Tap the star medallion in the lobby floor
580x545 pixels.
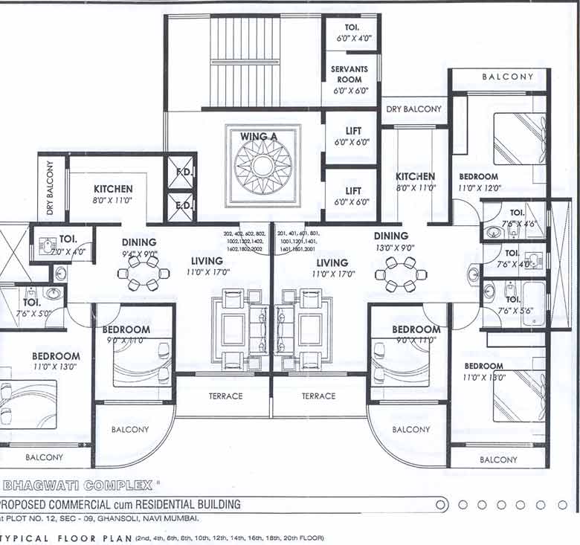[263, 166]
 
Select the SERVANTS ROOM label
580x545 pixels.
[349, 74]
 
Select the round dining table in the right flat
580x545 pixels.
[400, 275]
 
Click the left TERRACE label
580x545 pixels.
[225, 396]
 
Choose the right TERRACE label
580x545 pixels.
[318, 396]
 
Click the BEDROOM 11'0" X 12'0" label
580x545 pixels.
[479, 182]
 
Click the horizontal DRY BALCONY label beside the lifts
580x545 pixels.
[413, 109]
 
